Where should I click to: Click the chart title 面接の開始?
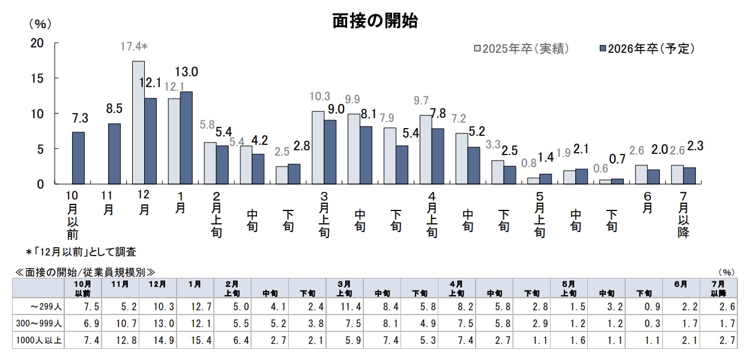coord(375,21)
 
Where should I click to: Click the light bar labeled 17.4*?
coord(138,122)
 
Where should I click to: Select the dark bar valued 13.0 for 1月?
coord(186,138)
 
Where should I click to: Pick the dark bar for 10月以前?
coord(78,158)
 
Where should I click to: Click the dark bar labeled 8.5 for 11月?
coord(114,153)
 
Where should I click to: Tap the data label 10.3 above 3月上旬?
coord(319,97)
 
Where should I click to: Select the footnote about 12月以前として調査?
coord(80,251)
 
